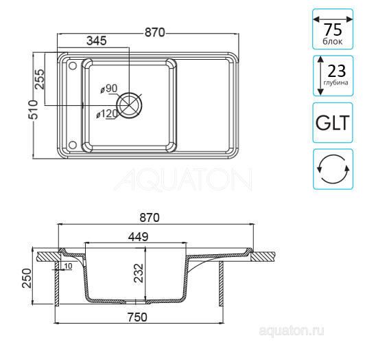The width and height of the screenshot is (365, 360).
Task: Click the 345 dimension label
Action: pos(96,41)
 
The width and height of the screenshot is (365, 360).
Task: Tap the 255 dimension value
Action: pos(40,79)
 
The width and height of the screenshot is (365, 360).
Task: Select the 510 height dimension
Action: pos(33,110)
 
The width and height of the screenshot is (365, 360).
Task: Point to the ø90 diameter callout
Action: pos(109,89)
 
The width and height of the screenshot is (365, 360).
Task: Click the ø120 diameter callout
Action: pos(107,114)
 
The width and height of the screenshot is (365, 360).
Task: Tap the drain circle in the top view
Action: pos(129,104)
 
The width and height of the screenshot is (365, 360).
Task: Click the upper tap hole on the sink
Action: pos(73,66)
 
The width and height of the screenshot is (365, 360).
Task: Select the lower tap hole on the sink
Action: pos(73,145)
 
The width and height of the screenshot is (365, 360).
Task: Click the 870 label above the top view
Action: pos(154,32)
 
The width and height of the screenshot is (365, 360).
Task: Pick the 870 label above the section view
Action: pos(150,218)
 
